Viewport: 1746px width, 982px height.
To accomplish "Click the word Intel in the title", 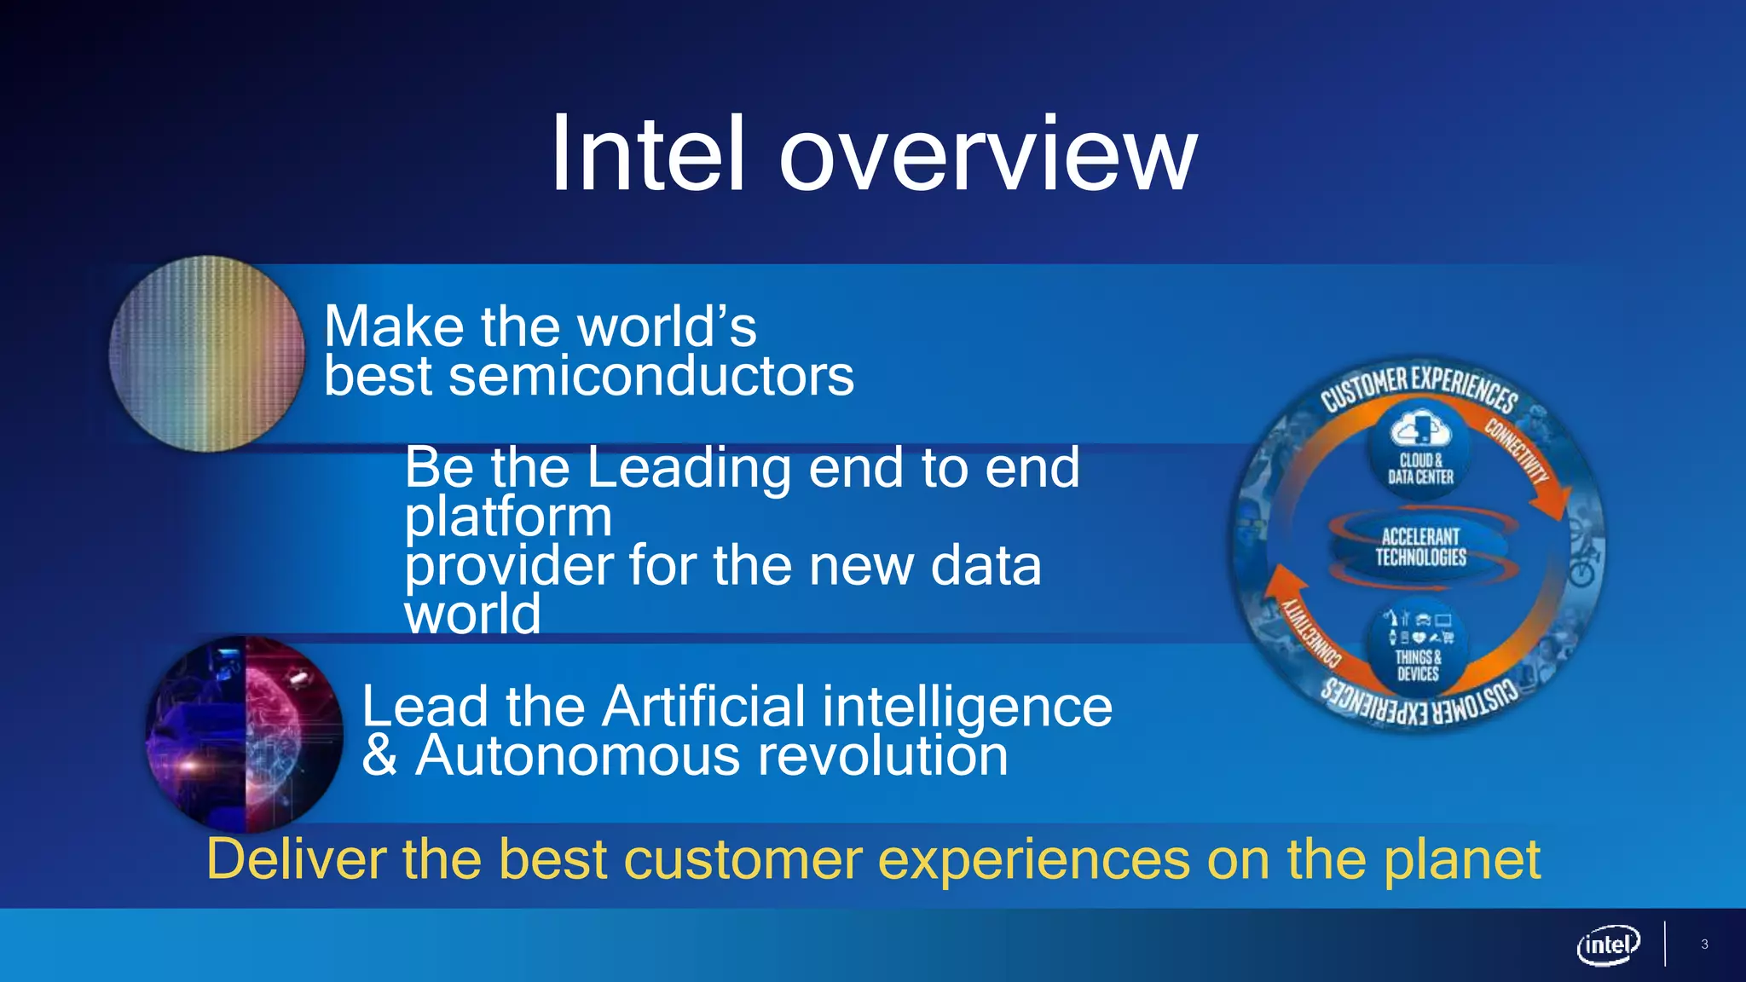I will click(x=648, y=155).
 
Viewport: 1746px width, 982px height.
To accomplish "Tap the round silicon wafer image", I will click(x=206, y=354).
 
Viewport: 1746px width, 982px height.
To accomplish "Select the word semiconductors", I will click(x=650, y=376).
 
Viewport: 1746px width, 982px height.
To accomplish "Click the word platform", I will click(x=508, y=517).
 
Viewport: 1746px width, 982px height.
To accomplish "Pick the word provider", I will click(x=508, y=566).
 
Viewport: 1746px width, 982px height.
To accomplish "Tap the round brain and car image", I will click(x=245, y=734).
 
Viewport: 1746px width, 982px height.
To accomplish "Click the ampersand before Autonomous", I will click(x=379, y=756).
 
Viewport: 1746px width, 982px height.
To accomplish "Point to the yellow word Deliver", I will click(x=297, y=859).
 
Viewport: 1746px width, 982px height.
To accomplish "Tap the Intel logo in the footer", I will click(x=1608, y=944).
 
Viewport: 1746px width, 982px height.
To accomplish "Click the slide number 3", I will click(x=1704, y=944).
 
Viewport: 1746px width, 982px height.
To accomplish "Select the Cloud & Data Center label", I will click(x=1420, y=469).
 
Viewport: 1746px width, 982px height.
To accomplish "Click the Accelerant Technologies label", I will click(x=1420, y=546).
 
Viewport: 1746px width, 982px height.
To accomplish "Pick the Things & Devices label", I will click(x=1418, y=666).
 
